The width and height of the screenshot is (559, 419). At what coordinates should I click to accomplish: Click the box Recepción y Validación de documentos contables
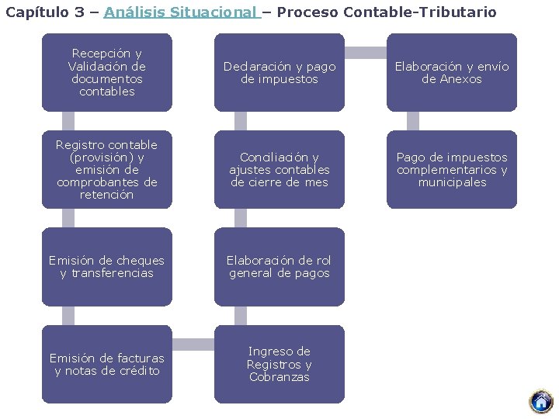[x=107, y=73]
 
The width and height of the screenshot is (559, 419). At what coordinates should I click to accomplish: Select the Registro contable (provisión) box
[x=107, y=169]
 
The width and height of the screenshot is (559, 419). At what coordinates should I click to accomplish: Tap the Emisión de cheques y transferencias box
[x=107, y=266]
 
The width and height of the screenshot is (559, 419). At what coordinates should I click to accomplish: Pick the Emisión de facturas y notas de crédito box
[x=107, y=364]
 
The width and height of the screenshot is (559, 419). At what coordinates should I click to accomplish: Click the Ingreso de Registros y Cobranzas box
[x=279, y=364]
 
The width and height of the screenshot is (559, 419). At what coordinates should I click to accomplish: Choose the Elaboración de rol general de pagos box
[x=279, y=266]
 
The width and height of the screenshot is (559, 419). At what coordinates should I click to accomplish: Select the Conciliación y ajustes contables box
[x=279, y=169]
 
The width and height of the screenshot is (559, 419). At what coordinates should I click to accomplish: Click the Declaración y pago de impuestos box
[x=279, y=73]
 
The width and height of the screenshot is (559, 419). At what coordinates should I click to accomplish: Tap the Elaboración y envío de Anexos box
[x=452, y=73]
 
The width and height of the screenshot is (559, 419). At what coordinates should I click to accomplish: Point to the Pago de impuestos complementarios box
[x=452, y=169]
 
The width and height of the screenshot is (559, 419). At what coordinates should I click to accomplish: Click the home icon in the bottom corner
[x=540, y=401]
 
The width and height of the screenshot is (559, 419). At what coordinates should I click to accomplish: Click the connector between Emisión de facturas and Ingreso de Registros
[x=193, y=345]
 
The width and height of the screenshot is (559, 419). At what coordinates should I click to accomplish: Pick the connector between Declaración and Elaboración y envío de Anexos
[x=366, y=53]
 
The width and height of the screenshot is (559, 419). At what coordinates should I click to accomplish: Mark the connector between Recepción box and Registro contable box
[x=68, y=121]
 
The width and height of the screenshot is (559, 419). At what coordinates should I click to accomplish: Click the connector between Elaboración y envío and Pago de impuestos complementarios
[x=413, y=121]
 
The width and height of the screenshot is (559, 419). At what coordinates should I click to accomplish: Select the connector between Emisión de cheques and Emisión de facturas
[x=68, y=315]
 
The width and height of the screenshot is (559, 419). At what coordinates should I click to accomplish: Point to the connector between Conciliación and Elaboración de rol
[x=241, y=218]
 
